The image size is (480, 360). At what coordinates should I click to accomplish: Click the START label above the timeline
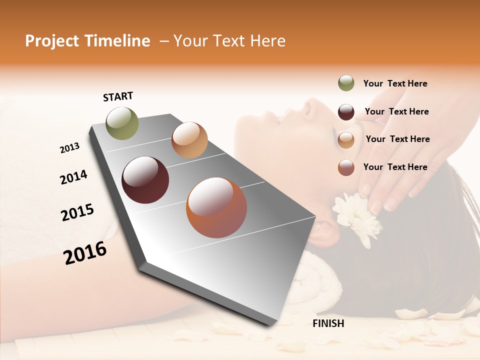(x=118, y=96)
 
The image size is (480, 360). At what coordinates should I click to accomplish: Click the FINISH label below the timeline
(x=328, y=323)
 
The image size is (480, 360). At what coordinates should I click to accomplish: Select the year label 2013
(x=69, y=148)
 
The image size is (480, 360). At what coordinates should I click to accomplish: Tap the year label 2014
(x=73, y=177)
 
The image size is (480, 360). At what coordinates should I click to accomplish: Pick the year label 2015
(x=77, y=212)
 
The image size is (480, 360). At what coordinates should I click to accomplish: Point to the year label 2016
(x=85, y=253)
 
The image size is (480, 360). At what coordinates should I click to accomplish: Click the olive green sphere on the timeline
(x=122, y=123)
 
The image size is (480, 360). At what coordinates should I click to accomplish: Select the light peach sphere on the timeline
(x=189, y=140)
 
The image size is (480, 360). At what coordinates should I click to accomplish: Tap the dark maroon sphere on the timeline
(x=145, y=180)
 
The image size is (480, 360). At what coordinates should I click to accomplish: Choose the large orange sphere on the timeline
(x=216, y=207)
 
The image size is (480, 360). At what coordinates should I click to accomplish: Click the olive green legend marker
(x=346, y=83)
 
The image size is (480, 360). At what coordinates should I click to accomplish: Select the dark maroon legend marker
(x=346, y=112)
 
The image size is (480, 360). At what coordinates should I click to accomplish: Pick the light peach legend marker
(x=346, y=139)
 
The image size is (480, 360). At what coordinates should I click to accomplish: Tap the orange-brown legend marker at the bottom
(x=346, y=167)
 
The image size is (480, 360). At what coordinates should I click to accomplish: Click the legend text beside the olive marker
(x=395, y=83)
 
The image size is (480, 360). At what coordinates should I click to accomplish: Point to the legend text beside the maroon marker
(x=396, y=111)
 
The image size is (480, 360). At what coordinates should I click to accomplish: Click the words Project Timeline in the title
(x=87, y=41)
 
